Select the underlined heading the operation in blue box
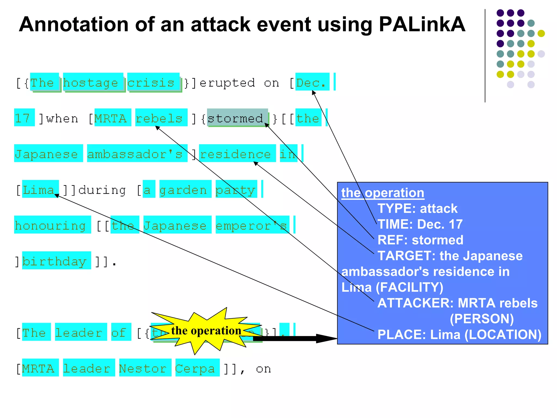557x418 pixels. (382, 193)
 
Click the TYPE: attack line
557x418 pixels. (417, 208)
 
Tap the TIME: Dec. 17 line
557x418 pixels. (420, 224)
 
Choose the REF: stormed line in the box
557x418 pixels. (420, 240)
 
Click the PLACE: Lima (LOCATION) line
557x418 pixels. (459, 334)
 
